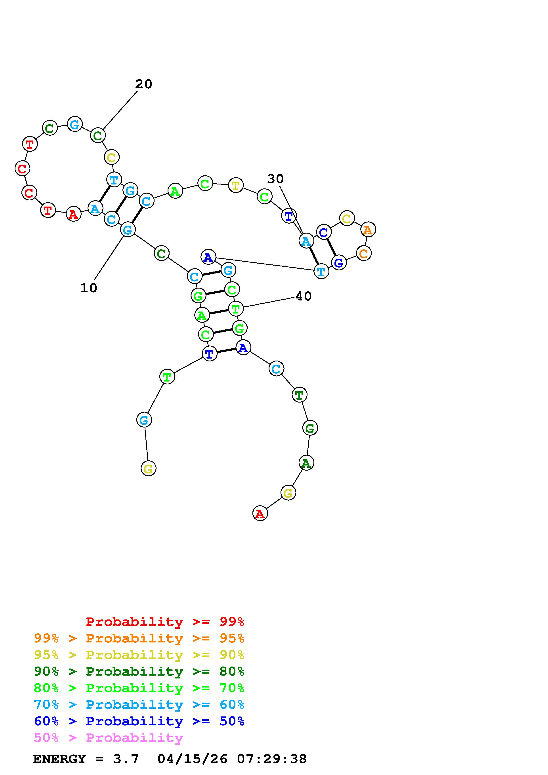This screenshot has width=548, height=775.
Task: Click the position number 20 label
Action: tap(143, 84)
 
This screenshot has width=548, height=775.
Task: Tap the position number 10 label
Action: tap(88, 288)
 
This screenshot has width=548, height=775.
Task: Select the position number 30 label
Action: tap(275, 179)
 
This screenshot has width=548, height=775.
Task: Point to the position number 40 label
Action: tap(303, 296)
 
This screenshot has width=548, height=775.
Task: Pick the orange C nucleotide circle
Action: tap(364, 253)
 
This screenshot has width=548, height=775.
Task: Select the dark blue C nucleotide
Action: tap(323, 232)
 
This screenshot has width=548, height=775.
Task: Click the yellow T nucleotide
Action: tap(236, 185)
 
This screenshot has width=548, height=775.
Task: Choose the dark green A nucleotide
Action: tap(306, 463)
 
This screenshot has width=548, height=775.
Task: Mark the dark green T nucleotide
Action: tap(299, 395)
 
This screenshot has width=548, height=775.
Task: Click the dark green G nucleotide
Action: tap(310, 428)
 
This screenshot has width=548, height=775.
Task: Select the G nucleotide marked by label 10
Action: tap(128, 230)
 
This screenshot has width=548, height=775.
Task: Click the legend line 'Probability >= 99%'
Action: tap(165, 621)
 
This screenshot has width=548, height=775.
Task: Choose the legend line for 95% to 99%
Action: tap(139, 638)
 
